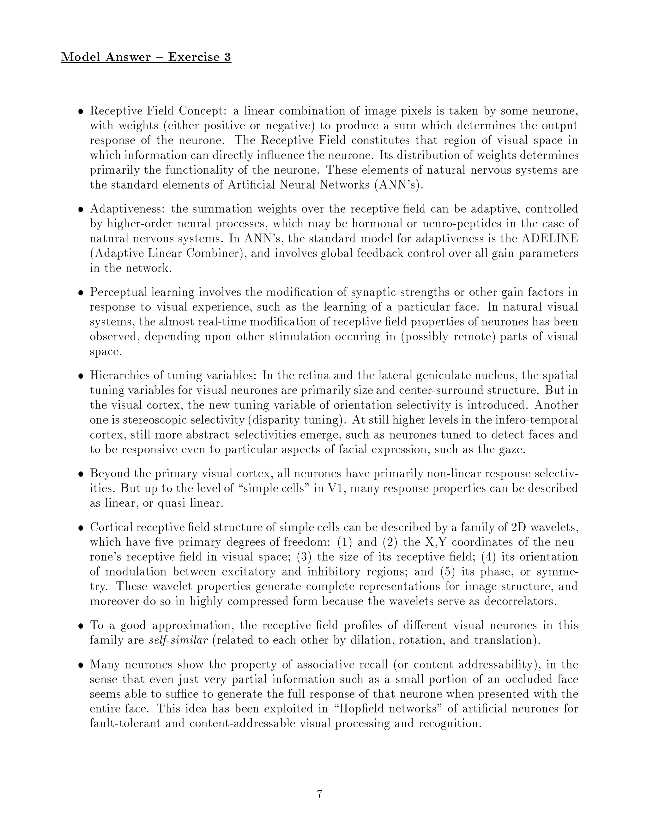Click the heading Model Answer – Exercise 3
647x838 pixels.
[146, 57]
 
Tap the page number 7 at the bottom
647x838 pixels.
[320, 794]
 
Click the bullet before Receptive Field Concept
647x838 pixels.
[81, 112]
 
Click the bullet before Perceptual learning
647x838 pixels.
[81, 293]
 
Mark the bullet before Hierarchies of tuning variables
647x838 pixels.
[81, 376]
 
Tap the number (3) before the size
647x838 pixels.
[303, 557]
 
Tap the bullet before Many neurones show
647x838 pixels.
[81, 665]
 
